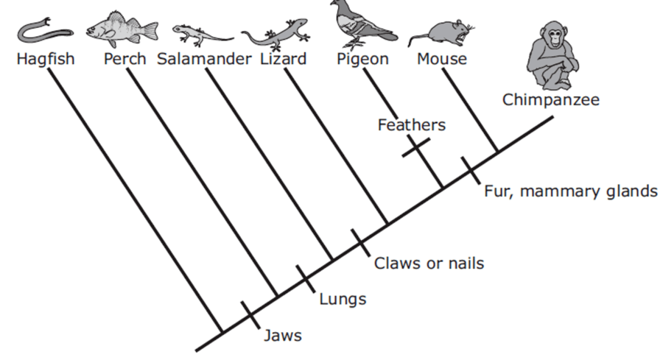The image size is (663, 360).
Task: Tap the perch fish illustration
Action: [122, 29]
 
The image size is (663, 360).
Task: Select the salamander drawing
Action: [202, 35]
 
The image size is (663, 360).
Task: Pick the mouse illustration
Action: [442, 35]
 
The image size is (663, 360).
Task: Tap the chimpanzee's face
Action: [553, 38]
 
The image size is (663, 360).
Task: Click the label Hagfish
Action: [46, 59]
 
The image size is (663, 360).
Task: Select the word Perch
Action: [124, 59]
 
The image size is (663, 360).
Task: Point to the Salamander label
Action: [204, 59]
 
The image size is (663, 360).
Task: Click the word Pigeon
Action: [362, 59]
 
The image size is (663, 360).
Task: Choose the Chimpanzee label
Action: [550, 99]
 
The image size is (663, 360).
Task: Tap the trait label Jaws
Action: [282, 336]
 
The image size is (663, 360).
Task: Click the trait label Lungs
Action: [343, 299]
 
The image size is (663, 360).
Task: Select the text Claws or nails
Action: [429, 264]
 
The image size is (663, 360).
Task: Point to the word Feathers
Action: [411, 125]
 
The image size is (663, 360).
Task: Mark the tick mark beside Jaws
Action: [250, 315]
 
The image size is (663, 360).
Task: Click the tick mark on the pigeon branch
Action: [416, 147]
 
